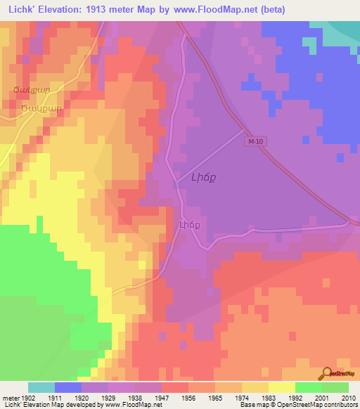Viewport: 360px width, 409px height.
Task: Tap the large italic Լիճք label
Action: click(203, 178)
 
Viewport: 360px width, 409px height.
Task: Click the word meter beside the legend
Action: click(10, 397)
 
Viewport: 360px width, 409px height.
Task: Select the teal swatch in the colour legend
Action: click(41, 387)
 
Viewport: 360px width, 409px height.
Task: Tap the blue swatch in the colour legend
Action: click(68, 387)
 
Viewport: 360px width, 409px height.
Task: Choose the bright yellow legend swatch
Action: click(282, 387)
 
